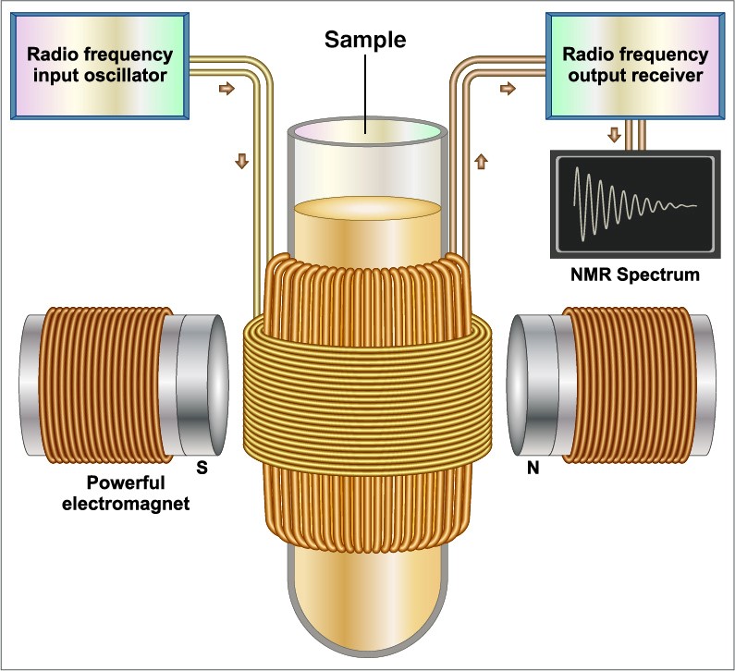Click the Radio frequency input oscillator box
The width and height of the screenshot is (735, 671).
tap(100, 66)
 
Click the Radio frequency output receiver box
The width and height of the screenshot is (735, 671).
tap(635, 66)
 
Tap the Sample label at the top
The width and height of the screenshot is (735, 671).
tap(365, 40)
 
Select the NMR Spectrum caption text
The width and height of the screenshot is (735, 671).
tap(634, 274)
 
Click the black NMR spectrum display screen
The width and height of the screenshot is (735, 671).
tap(635, 204)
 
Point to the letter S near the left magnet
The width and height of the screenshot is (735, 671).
tap(202, 467)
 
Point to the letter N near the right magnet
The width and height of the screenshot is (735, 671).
tap(533, 468)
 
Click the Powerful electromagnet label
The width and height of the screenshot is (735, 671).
tap(126, 493)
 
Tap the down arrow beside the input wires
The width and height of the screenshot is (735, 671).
tap(242, 161)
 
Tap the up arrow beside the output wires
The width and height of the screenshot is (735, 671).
tap(482, 162)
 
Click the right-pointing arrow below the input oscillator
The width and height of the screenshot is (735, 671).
tap(227, 88)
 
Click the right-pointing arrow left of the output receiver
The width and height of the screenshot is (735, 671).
tap(508, 88)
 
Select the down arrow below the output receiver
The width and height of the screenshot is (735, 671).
tap(614, 135)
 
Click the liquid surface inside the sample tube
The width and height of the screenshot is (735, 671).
tap(368, 208)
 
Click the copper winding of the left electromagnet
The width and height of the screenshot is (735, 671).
tap(105, 385)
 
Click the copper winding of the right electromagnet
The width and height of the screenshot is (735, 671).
tap(630, 385)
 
